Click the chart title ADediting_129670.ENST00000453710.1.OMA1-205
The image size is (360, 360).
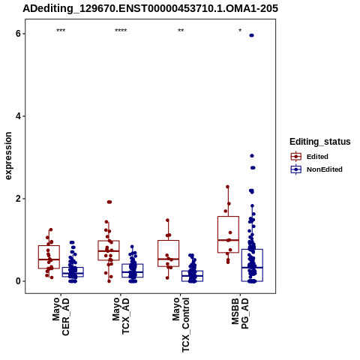(150, 8)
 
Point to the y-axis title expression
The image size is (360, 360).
(8, 156)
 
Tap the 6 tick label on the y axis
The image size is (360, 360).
(18, 34)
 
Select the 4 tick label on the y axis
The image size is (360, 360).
(18, 116)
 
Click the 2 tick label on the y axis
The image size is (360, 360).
(18, 199)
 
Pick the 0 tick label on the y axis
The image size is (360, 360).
(18, 281)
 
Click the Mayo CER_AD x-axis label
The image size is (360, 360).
(61, 316)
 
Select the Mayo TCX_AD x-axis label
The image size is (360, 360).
(121, 316)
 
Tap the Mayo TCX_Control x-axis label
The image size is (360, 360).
(181, 325)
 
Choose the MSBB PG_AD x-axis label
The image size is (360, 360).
(240, 313)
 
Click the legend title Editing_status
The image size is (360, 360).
(320, 142)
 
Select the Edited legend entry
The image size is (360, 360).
(309, 157)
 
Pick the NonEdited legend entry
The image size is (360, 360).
(316, 169)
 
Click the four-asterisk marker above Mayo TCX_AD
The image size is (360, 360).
(121, 31)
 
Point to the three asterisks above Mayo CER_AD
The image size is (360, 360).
(61, 31)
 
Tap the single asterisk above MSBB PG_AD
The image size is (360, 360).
(240, 30)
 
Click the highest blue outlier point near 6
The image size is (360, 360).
(251, 35)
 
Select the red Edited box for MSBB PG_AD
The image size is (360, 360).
(228, 217)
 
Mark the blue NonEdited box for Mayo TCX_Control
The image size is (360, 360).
(192, 271)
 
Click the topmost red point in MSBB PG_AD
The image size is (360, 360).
(227, 187)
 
